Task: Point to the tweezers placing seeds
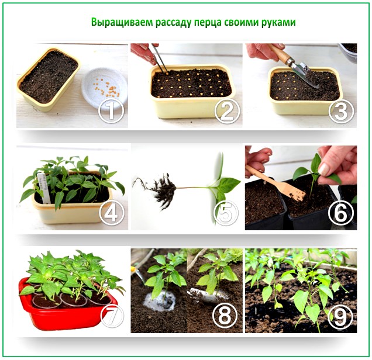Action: click(x=159, y=58)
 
